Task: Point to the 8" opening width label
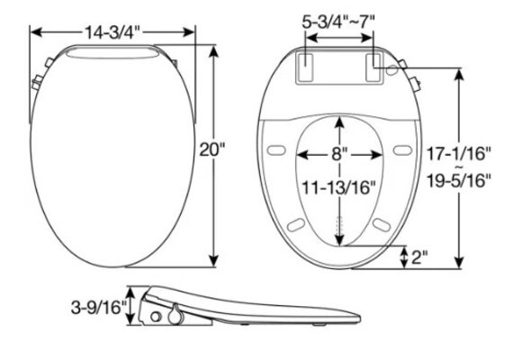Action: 338,153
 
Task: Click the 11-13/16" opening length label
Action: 339,187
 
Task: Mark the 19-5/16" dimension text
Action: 461,180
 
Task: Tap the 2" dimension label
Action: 418,257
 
